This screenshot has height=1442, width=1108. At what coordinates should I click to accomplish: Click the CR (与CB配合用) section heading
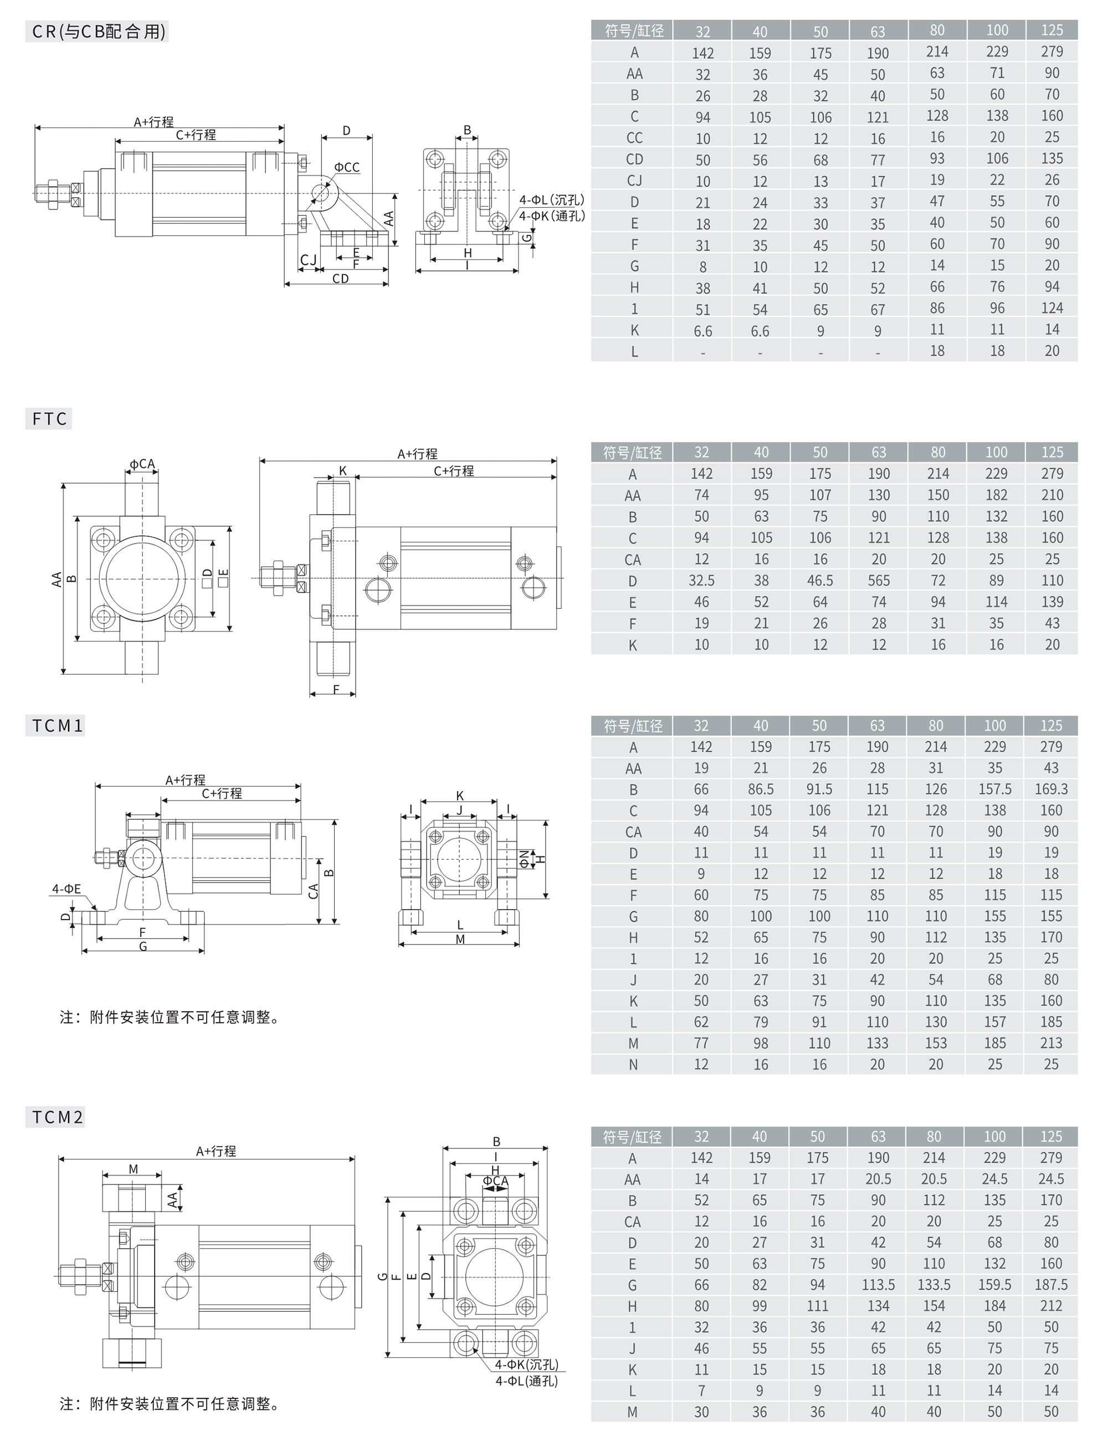pos(98,32)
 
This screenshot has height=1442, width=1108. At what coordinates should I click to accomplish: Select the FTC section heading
pos(49,419)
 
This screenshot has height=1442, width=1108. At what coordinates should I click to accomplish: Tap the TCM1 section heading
pos(58,726)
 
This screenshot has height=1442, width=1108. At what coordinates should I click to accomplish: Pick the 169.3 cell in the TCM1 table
pos(1051,789)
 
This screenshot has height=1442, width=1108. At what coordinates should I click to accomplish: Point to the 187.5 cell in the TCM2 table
pos(1051,1285)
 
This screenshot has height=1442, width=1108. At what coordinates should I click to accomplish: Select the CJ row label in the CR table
pos(634,180)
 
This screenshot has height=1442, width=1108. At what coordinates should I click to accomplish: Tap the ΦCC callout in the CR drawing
pos(347,167)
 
